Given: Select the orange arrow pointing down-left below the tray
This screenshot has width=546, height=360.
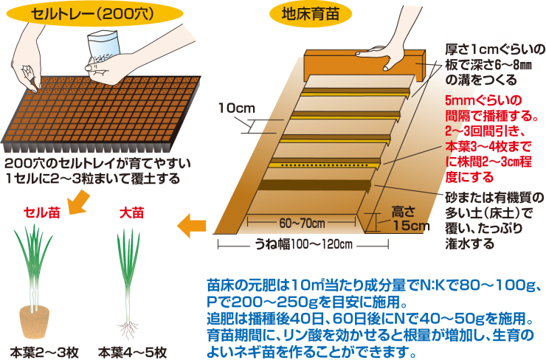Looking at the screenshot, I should click(x=76, y=198).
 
